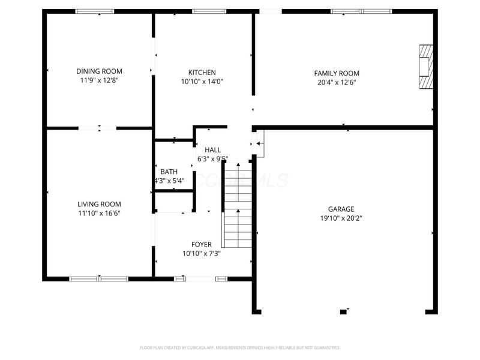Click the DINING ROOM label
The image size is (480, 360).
[99, 70]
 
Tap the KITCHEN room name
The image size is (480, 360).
[202, 73]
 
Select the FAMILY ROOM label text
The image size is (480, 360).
[337, 73]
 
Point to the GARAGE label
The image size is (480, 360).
[341, 209]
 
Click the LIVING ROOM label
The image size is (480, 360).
[99, 204]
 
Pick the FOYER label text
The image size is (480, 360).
[201, 244]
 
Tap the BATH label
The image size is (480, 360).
[169, 172]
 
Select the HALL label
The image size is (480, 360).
[212, 150]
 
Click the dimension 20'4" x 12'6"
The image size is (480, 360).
[337, 83]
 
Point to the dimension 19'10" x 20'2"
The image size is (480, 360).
[341, 218]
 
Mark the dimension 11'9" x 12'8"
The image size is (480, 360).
[99, 80]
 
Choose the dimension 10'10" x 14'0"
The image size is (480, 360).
[202, 82]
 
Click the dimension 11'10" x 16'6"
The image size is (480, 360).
[99, 213]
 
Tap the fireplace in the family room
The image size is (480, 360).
[425, 67]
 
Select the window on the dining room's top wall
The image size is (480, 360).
[94, 11]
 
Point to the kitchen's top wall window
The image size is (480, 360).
[209, 11]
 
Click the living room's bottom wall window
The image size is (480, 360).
[99, 278]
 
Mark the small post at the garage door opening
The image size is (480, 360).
[343, 311]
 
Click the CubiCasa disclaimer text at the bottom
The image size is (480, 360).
[240, 347]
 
